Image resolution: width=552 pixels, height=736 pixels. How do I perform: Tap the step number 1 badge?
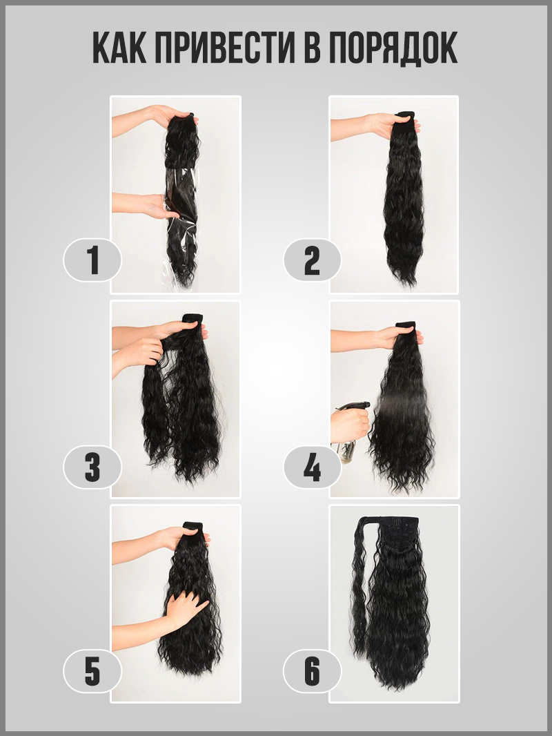point(92,260)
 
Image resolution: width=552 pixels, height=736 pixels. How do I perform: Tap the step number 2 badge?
point(313,260)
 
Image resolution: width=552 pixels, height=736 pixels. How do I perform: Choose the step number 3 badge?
point(92,467)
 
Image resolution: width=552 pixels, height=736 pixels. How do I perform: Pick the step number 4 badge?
point(313,467)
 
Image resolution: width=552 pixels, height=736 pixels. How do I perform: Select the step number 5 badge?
point(92,671)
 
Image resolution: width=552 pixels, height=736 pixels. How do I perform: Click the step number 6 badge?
point(313,671)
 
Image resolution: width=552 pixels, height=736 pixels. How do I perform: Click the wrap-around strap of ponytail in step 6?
point(360,577)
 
